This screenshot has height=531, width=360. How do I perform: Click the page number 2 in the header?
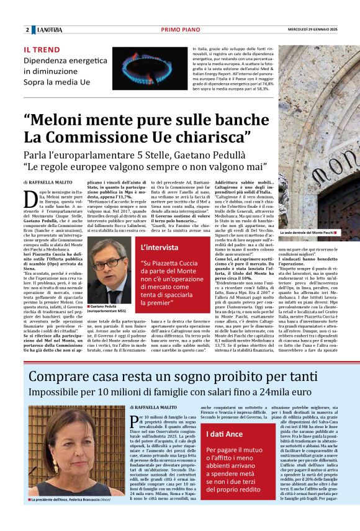pyautogui.click(x=27, y=30)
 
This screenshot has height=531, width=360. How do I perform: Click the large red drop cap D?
pyautogui.click(x=29, y=198)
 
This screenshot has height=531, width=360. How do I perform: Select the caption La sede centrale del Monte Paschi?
pyautogui.click(x=307, y=233)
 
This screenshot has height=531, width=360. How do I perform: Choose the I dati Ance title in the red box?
pyautogui.click(x=225, y=433)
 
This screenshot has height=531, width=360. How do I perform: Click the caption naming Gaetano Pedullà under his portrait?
pyautogui.click(x=109, y=292)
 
